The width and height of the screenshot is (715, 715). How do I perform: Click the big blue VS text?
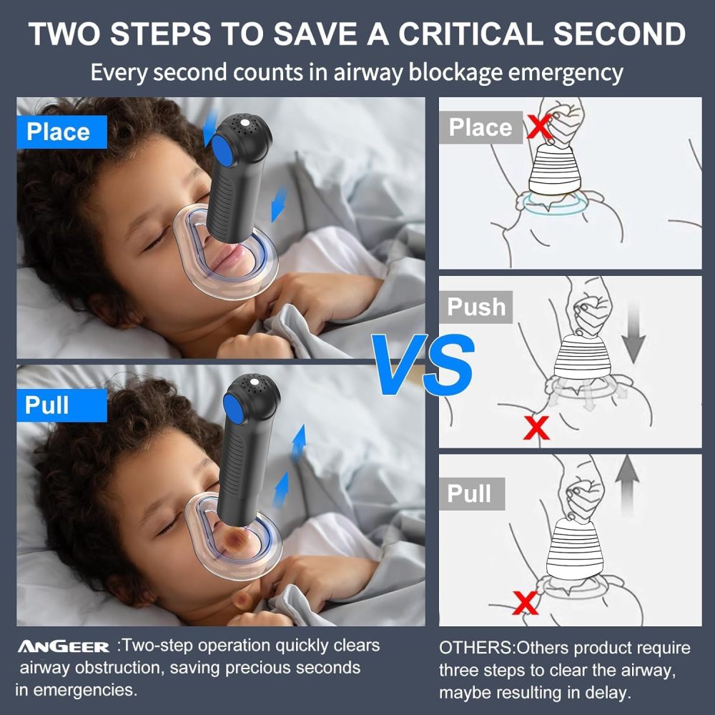pyautogui.click(x=424, y=365)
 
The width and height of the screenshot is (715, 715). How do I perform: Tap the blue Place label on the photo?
pyautogui.click(x=58, y=132)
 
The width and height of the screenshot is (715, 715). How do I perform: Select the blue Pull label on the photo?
pyautogui.click(x=47, y=405)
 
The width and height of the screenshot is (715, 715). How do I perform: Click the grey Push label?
pyautogui.click(x=476, y=307)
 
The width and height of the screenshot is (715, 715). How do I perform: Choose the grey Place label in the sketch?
pyautogui.click(x=480, y=127)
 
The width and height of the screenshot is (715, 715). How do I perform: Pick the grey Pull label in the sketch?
pyautogui.click(x=470, y=493)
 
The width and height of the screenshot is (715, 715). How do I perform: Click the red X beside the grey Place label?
pyautogui.click(x=538, y=127)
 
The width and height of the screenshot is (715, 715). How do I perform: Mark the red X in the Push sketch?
pyautogui.click(x=536, y=428)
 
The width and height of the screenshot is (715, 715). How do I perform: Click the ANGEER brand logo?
pyautogui.click(x=64, y=647)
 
